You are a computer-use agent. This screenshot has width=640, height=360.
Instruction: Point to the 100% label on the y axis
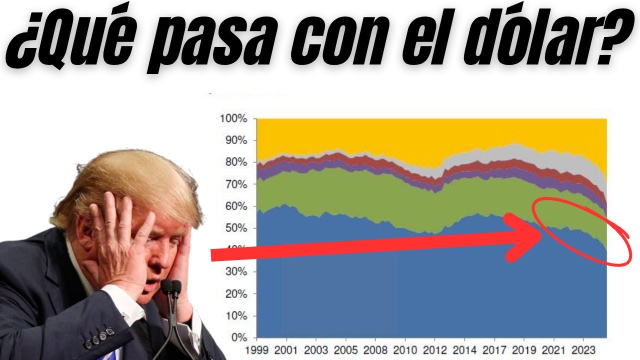coord(233,119)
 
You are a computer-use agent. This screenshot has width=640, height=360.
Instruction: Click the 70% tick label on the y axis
coord(235,184)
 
